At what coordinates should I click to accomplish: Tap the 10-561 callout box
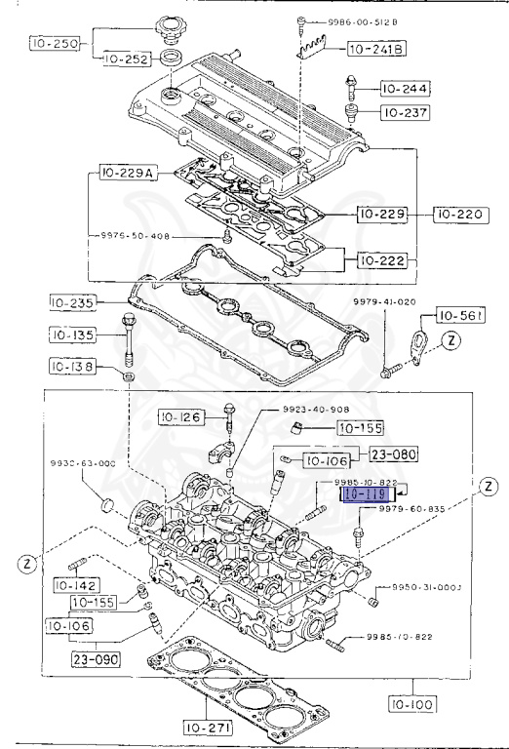(460, 315)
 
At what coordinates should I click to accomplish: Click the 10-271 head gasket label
(212, 727)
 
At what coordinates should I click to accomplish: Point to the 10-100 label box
(412, 701)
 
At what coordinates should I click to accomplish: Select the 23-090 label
(94, 658)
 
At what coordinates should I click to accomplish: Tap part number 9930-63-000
(83, 463)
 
